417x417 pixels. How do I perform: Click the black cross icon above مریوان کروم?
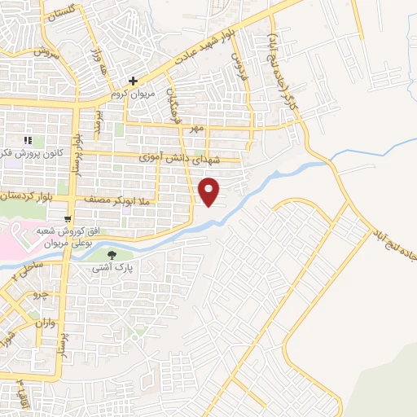(x=133, y=81)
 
